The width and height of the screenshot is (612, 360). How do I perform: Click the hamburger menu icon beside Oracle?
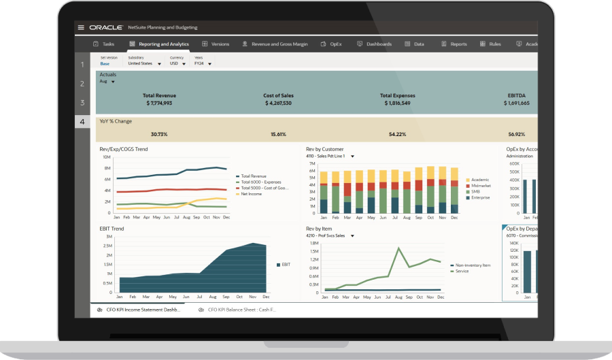click(82, 28)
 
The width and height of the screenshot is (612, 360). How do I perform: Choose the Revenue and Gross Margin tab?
click(275, 44)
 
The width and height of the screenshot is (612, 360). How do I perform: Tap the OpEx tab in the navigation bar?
click(331, 44)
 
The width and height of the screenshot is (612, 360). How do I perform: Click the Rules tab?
click(490, 44)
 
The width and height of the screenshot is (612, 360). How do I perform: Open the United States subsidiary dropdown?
click(144, 64)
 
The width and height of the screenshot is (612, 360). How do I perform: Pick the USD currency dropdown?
click(178, 64)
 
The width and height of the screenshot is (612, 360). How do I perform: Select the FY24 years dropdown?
click(203, 64)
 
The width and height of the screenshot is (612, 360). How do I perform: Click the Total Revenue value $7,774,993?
click(159, 103)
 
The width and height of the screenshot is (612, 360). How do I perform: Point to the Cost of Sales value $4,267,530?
click(277, 103)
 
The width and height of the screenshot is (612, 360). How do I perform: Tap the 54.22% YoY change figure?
click(397, 135)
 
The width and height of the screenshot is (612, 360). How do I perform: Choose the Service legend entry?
click(463, 271)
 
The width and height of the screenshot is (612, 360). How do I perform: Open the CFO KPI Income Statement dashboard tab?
click(143, 310)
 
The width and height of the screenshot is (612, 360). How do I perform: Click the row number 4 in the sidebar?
click(82, 122)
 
